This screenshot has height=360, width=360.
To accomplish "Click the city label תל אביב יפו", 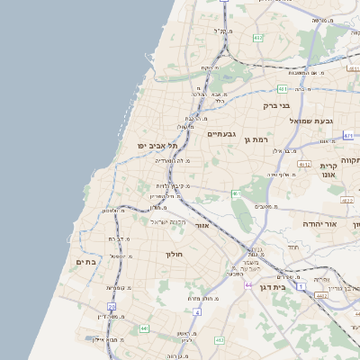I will click(158, 146).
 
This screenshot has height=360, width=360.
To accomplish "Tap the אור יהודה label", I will click(319, 223).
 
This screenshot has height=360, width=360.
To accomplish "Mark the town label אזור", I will click(202, 225).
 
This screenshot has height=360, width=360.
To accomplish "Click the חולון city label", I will click(174, 255).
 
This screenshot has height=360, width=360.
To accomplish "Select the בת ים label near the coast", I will click(85, 262).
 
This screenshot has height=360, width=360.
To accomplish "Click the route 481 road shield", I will click(282, 89).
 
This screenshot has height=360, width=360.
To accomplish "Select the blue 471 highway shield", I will click(347, 135).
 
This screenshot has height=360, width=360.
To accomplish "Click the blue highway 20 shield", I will click(112, 306).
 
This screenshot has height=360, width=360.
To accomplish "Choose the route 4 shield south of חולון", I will click(196, 311).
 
